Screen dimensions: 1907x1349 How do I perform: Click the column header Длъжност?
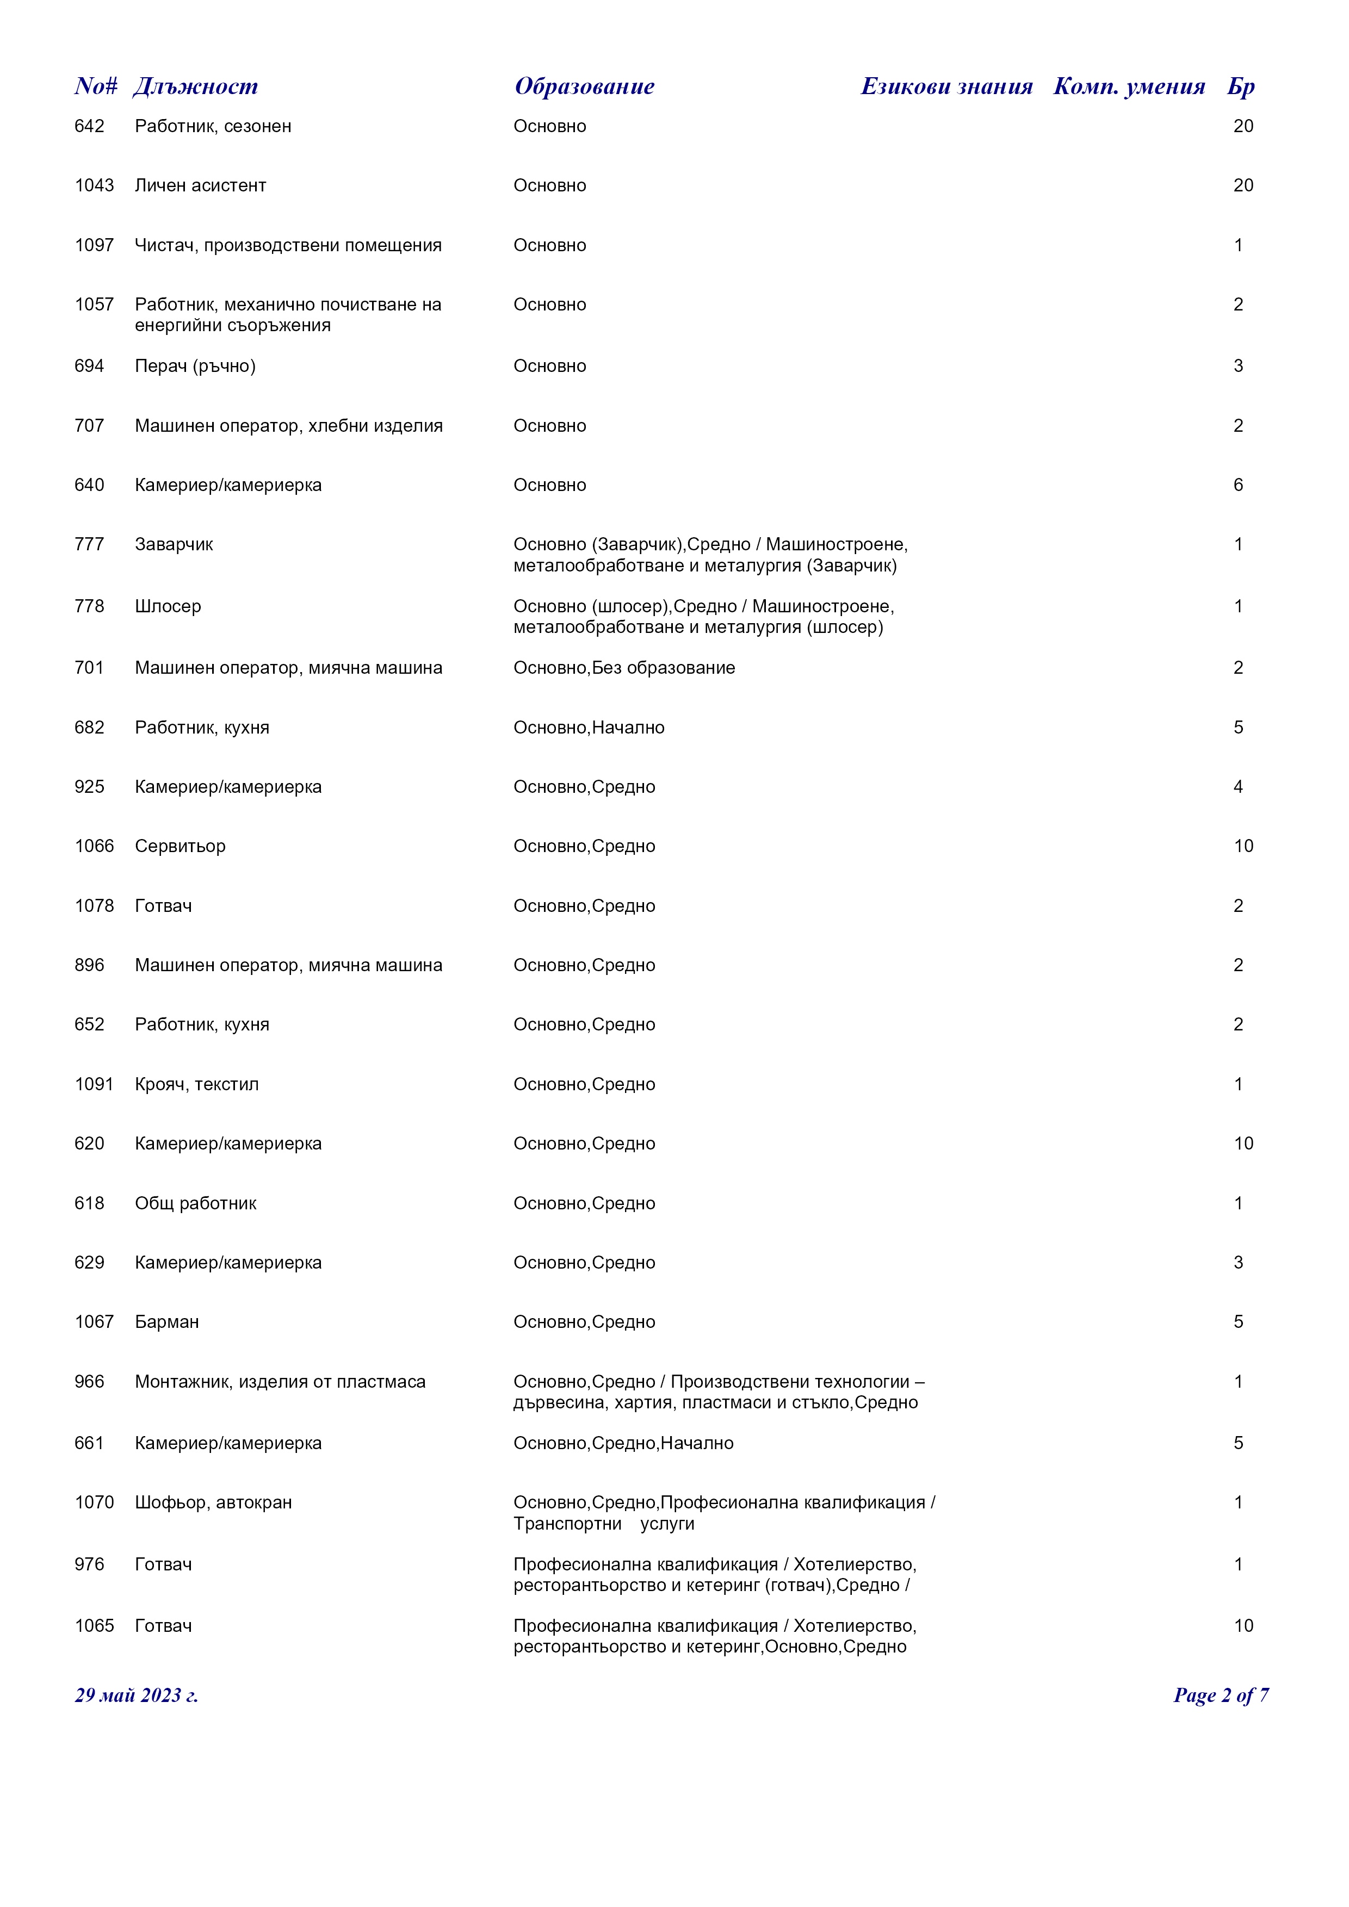click(x=196, y=86)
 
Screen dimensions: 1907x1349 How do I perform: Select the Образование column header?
click(x=584, y=86)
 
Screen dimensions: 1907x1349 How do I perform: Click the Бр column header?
click(x=1240, y=86)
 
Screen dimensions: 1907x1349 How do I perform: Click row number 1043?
click(x=94, y=185)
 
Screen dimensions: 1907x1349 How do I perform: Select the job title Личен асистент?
click(x=200, y=185)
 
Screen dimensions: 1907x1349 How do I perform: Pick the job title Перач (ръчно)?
click(x=195, y=367)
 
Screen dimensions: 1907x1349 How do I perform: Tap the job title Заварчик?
click(x=174, y=545)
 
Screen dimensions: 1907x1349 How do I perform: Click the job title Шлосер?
click(x=168, y=606)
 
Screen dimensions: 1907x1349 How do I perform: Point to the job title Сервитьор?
click(x=180, y=846)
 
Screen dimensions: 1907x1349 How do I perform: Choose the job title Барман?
click(x=167, y=1322)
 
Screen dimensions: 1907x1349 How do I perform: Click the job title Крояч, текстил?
click(x=197, y=1085)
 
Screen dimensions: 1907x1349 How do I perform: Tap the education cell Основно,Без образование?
click(x=624, y=668)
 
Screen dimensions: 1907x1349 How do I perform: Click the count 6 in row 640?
click(x=1237, y=485)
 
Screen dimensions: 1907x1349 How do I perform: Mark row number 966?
click(x=89, y=1382)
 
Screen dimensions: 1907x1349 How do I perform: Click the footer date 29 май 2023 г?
click(x=136, y=1695)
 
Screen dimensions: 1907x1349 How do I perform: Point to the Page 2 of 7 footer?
click(x=1220, y=1695)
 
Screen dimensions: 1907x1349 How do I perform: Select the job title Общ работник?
click(x=195, y=1203)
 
